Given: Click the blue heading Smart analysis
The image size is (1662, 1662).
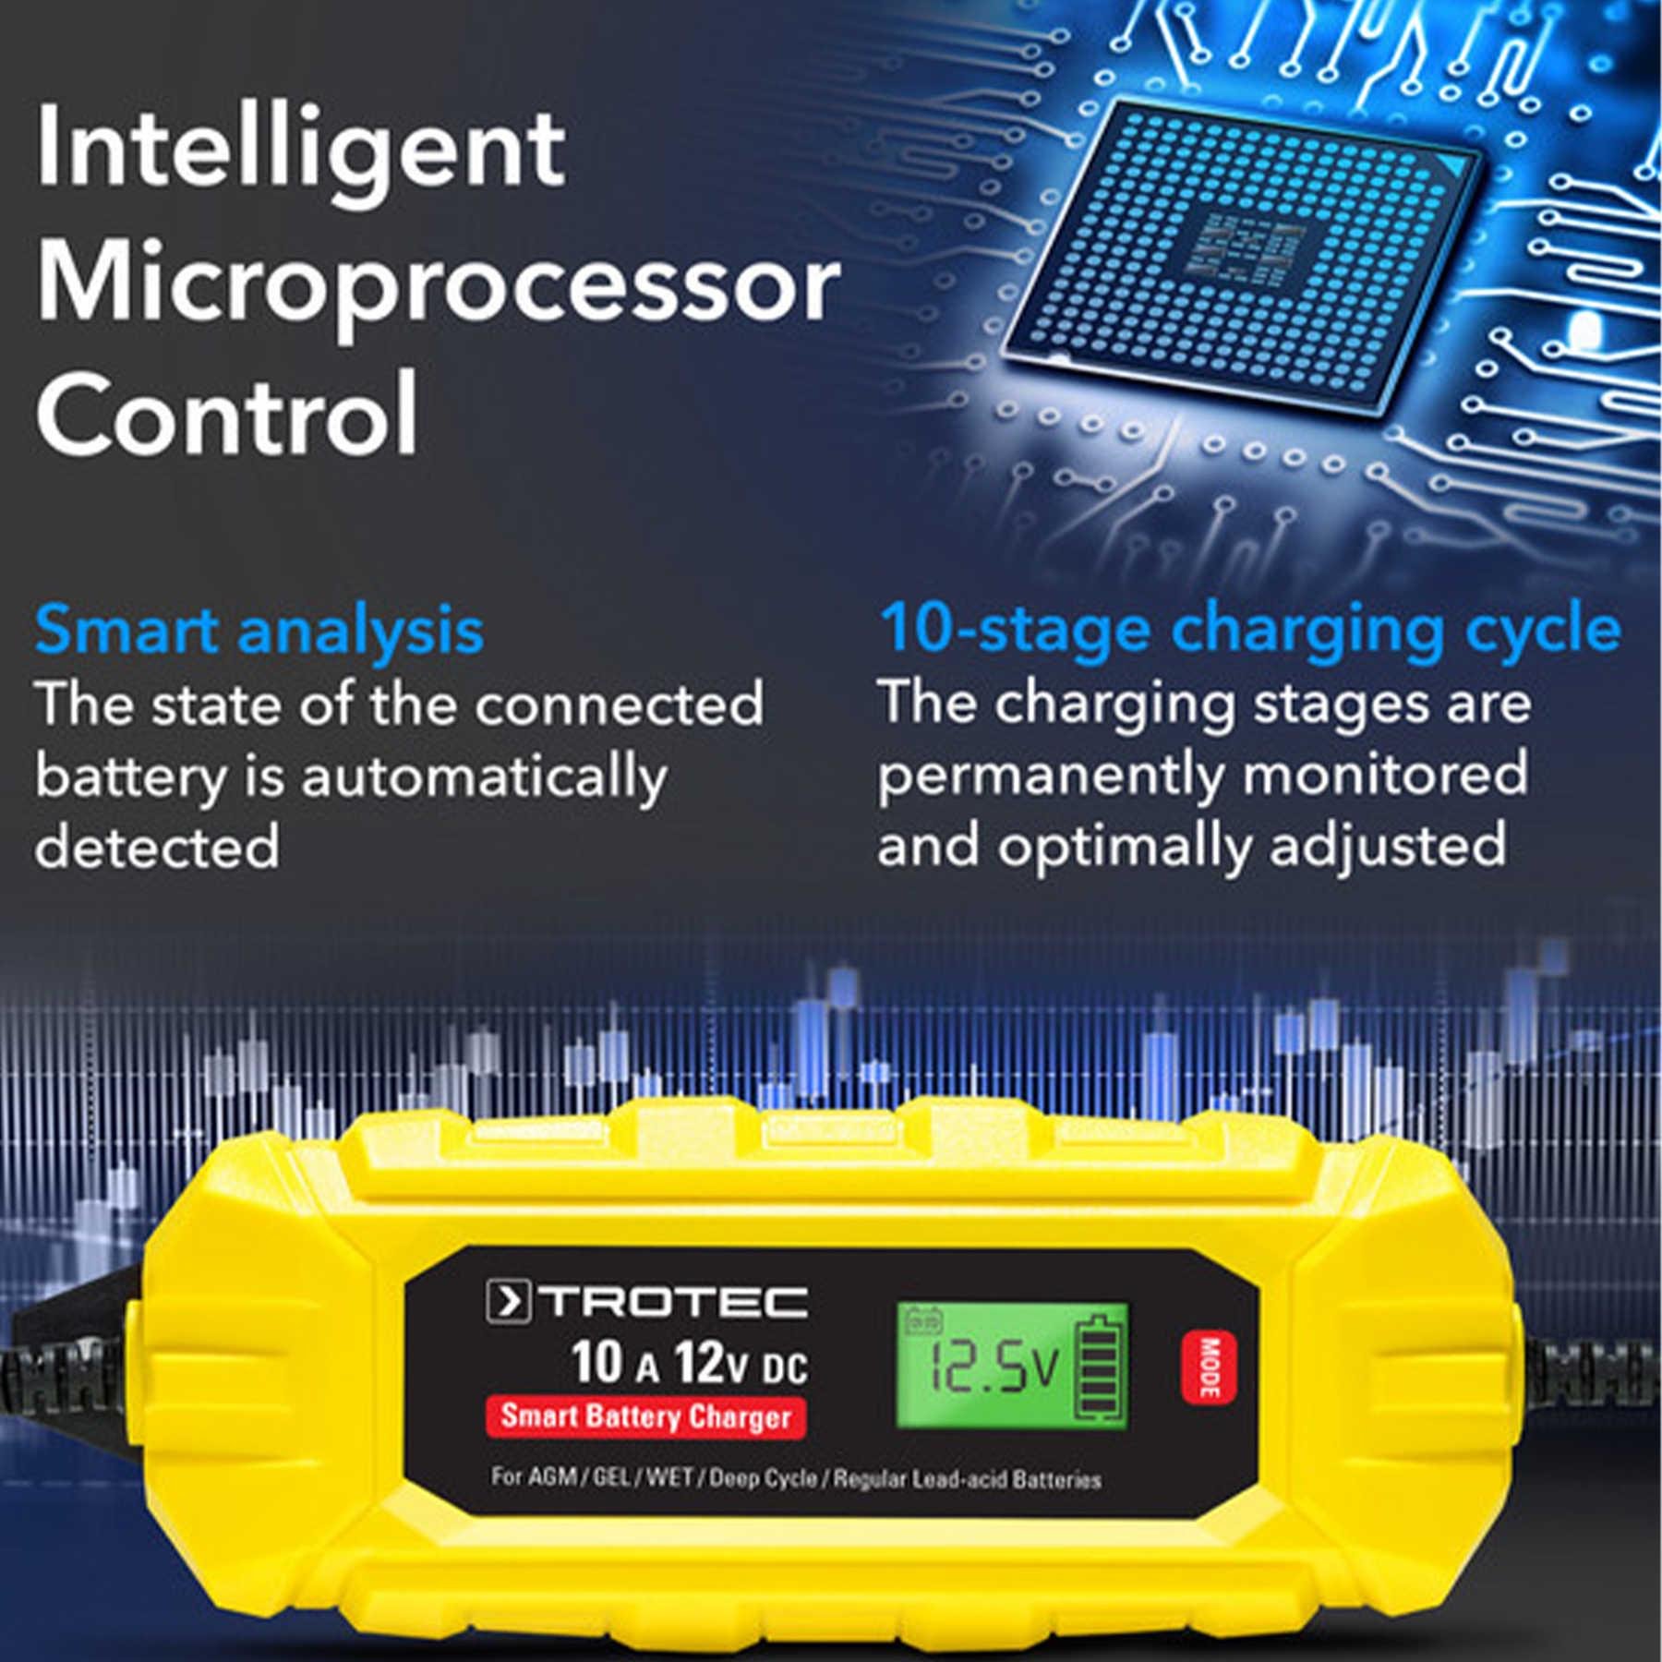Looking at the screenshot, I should point(259,632).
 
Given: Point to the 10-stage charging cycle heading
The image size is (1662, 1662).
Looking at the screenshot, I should point(1250,630).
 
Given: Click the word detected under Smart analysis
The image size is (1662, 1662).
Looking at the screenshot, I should point(157,847).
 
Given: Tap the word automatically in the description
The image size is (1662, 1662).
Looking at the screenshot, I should point(484,777).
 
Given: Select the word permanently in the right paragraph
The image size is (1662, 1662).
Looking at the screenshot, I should point(1050,776).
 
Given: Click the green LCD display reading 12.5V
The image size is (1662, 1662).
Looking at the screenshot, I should point(1012,1367).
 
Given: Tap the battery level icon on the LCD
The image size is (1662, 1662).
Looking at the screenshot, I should point(1099,1367).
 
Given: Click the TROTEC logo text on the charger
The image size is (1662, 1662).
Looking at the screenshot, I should point(674,1302).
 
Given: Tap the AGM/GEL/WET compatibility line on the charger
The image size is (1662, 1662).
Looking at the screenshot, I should point(795,1478).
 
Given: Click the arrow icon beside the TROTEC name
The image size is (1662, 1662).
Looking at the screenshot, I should point(508,1302).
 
